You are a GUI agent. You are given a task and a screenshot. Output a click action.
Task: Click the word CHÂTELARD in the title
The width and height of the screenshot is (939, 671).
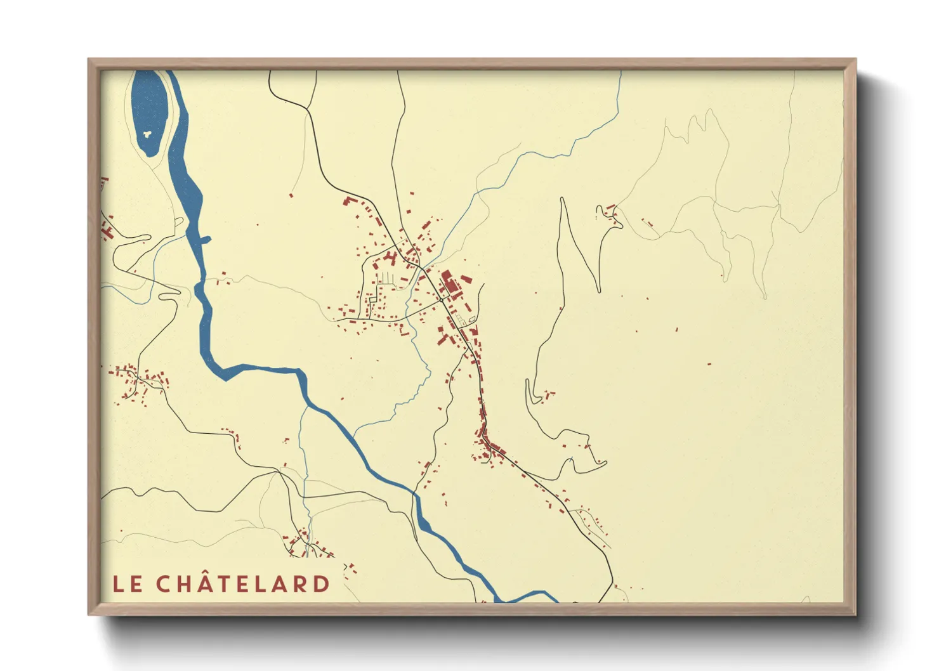[243, 584]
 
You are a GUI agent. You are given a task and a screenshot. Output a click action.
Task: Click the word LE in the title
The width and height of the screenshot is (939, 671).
[128, 584]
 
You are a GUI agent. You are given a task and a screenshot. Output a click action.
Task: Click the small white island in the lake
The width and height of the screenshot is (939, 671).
[147, 134]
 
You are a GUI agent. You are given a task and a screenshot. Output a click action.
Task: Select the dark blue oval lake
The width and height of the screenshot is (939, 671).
[150, 111]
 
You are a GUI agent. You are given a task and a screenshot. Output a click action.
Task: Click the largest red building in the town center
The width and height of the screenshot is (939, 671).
[449, 283]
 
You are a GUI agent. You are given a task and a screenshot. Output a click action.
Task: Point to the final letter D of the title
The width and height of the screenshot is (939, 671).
[322, 584]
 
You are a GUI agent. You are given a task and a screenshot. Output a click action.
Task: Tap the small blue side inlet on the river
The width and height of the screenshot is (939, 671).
[205, 239]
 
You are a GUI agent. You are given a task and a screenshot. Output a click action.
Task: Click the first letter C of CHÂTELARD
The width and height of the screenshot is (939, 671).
[164, 584]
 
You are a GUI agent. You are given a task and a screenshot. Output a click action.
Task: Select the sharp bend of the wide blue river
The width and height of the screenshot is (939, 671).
[225, 374]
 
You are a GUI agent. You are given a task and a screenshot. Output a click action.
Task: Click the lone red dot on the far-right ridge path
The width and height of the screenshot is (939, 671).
[722, 275]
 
